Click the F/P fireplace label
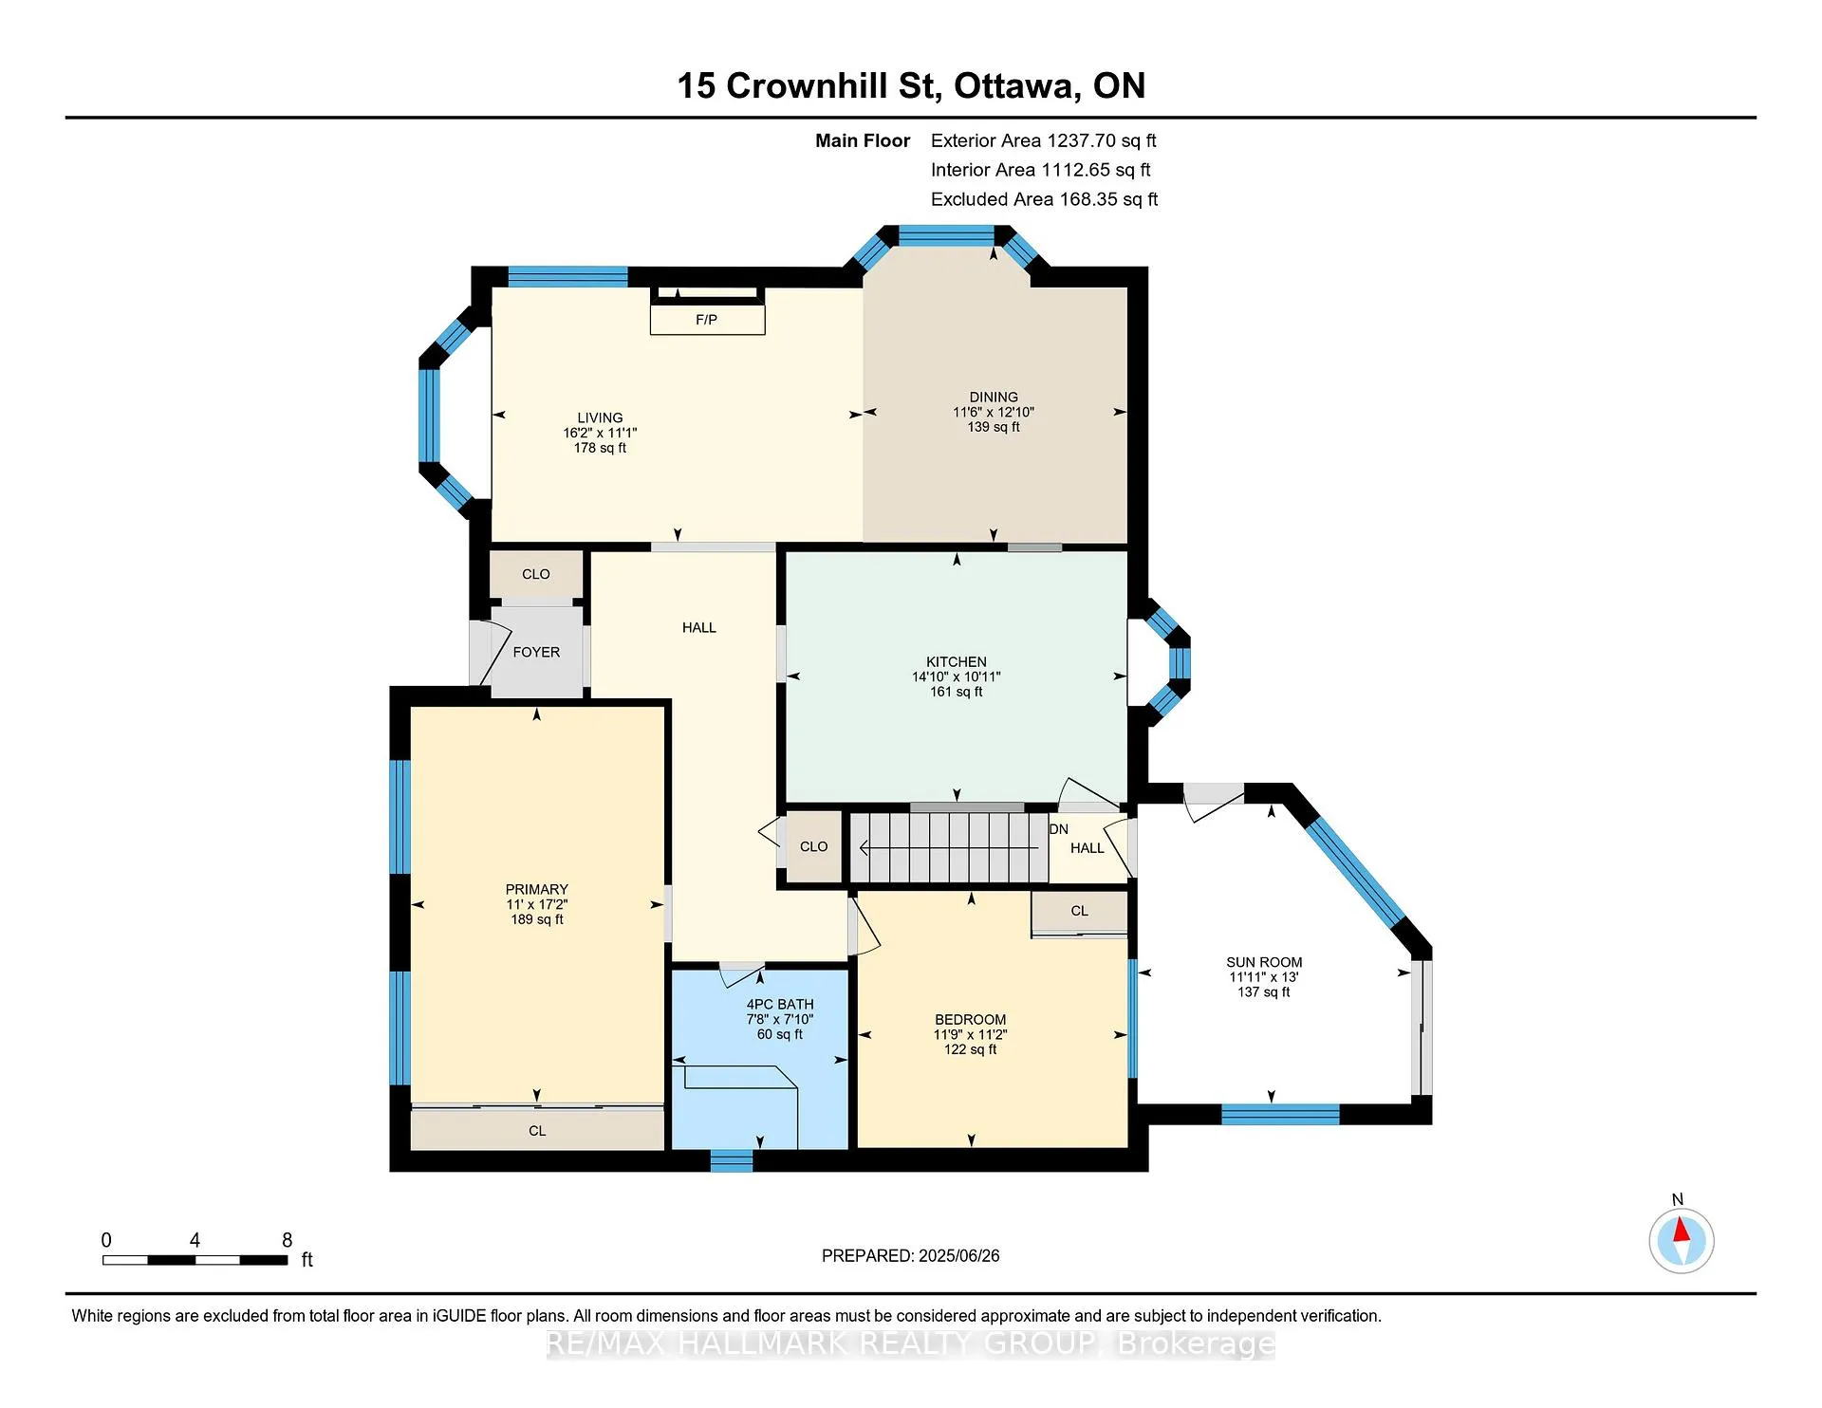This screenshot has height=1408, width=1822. pos(706,320)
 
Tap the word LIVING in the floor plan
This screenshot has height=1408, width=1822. pos(600,417)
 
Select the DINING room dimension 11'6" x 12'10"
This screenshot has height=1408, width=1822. pos(994,413)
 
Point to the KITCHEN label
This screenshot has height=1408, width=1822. pos(957,661)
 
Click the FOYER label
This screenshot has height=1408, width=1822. pos(536,652)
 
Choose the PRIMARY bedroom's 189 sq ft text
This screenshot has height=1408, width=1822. pos(537,919)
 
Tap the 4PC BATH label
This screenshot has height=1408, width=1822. pos(780,1004)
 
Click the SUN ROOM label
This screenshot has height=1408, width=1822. pos(1264,962)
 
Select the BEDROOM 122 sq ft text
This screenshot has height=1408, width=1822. pos(970,1049)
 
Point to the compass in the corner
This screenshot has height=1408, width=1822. pos(1681,1241)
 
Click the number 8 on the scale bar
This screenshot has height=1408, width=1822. pos(288,1240)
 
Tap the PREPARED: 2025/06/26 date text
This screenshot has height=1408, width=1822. pos(911,1256)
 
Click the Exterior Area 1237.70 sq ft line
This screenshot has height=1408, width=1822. pos(1043,140)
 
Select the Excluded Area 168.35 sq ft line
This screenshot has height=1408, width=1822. pos(1044,199)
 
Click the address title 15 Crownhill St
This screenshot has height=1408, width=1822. pos(809,86)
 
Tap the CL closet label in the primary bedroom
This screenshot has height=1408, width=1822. pos(537,1131)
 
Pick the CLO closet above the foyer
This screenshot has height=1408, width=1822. pos(536,574)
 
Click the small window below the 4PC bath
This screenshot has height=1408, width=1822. pos(732,1160)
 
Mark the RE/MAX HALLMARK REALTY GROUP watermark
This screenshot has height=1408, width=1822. pos(911,1343)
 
